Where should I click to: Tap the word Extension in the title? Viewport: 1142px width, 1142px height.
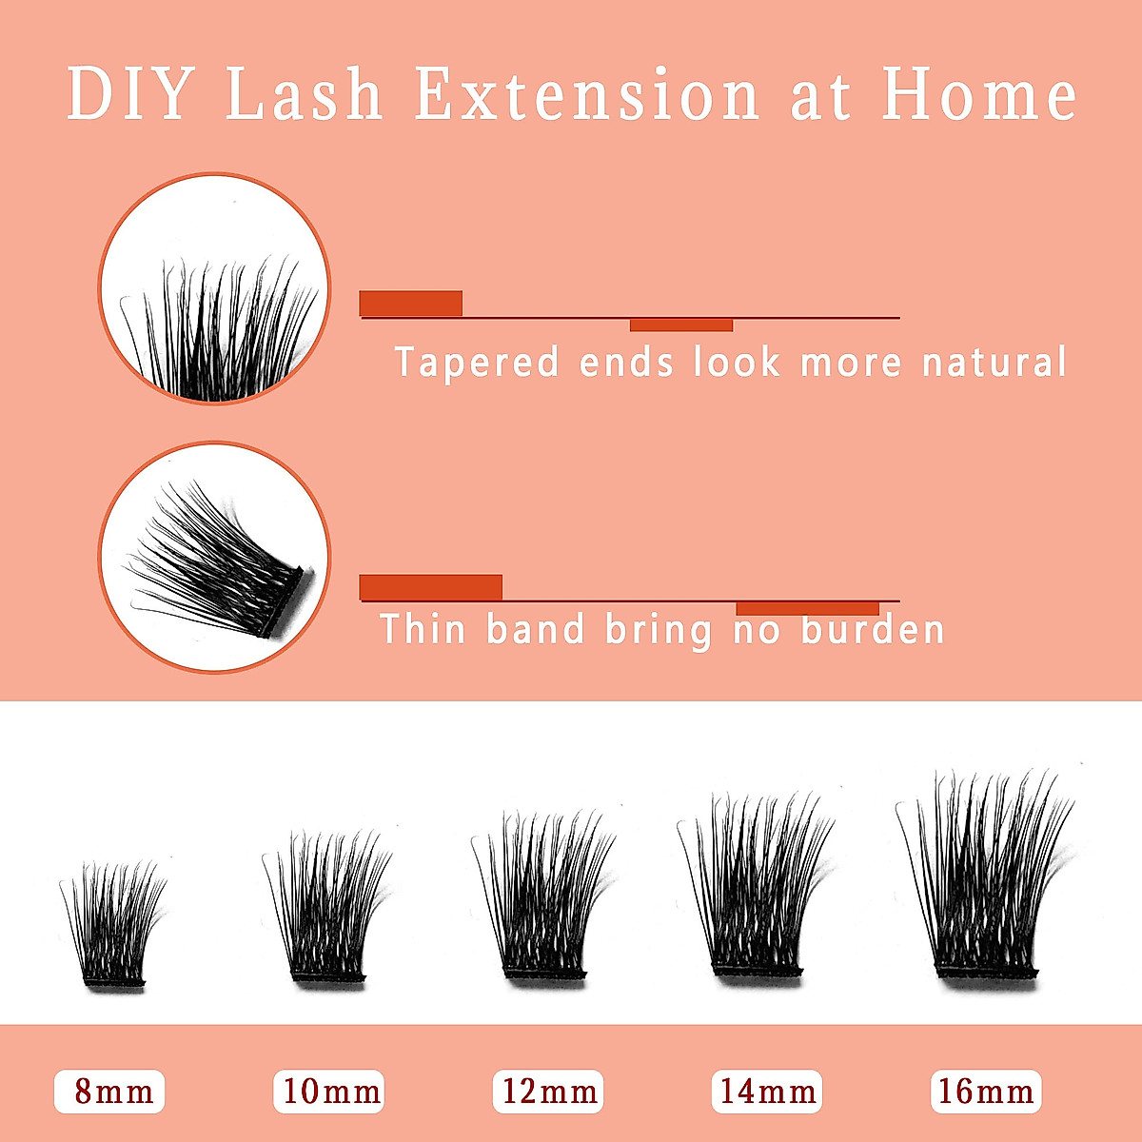[586, 94]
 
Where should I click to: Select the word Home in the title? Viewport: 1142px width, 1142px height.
[979, 94]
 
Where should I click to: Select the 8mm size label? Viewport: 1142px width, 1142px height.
[109, 1092]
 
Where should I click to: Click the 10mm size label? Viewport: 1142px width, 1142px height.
[329, 1092]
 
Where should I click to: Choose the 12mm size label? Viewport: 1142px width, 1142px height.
[548, 1092]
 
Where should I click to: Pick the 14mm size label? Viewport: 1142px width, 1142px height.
[767, 1092]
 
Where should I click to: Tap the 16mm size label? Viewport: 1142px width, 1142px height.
[986, 1092]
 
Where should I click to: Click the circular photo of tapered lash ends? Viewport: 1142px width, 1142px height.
[215, 288]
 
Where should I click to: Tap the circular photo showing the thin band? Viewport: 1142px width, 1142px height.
[215, 558]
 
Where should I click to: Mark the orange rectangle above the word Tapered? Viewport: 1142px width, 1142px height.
[411, 303]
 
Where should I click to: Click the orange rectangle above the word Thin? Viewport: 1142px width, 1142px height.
[430, 587]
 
